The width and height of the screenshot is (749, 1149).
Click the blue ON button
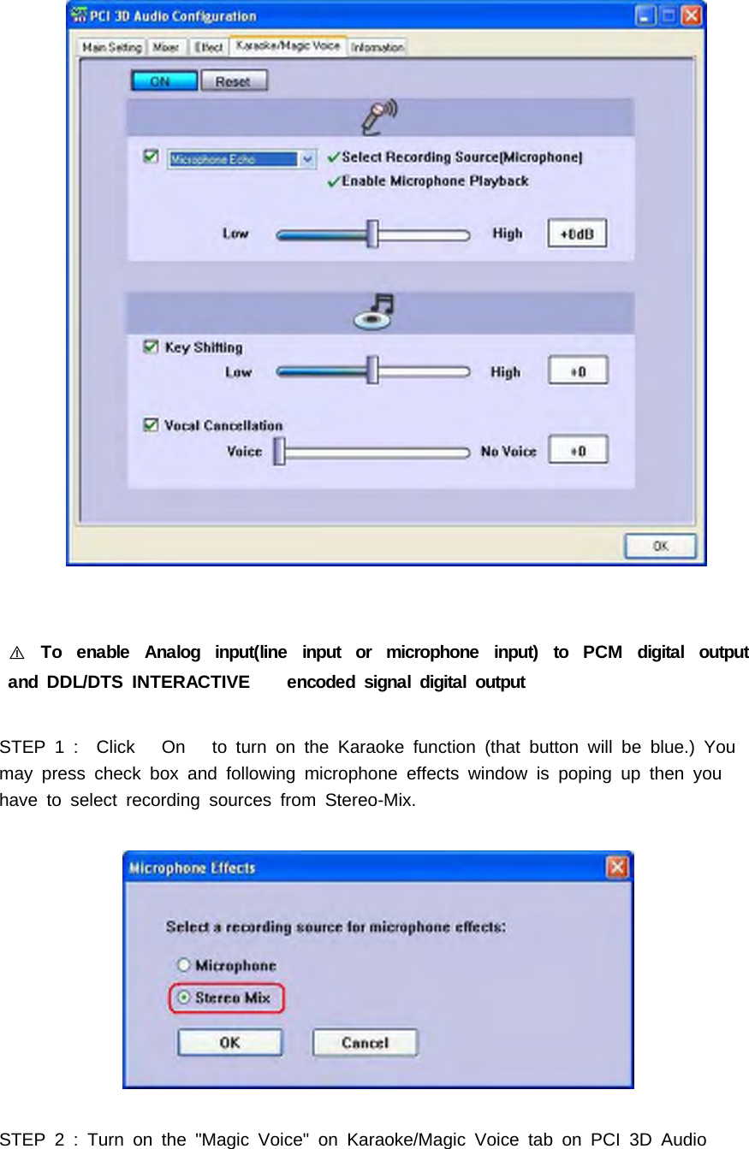click(x=159, y=81)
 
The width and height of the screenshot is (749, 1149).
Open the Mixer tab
click(x=166, y=48)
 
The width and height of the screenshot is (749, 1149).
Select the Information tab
click(x=377, y=48)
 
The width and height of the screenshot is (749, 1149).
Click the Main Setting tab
click(x=111, y=48)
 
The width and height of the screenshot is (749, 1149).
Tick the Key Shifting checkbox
click(x=151, y=346)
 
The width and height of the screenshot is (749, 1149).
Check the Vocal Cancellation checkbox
click(x=151, y=424)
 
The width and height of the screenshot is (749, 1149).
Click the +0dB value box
click(x=577, y=234)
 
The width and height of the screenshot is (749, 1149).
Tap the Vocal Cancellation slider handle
click(x=279, y=451)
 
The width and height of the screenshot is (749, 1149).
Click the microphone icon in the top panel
click(x=379, y=116)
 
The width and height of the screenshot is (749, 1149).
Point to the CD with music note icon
click(x=374, y=311)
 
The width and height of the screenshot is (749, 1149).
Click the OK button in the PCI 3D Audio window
click(x=660, y=546)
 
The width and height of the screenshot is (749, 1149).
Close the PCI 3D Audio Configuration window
click(x=692, y=15)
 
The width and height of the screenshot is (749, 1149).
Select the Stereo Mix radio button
click(x=183, y=998)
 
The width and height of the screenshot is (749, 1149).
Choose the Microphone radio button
click(x=183, y=965)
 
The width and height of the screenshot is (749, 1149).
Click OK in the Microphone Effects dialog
click(x=229, y=1043)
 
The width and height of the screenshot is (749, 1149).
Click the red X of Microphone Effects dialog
click(x=617, y=868)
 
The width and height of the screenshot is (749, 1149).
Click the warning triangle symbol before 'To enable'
click(x=17, y=654)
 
